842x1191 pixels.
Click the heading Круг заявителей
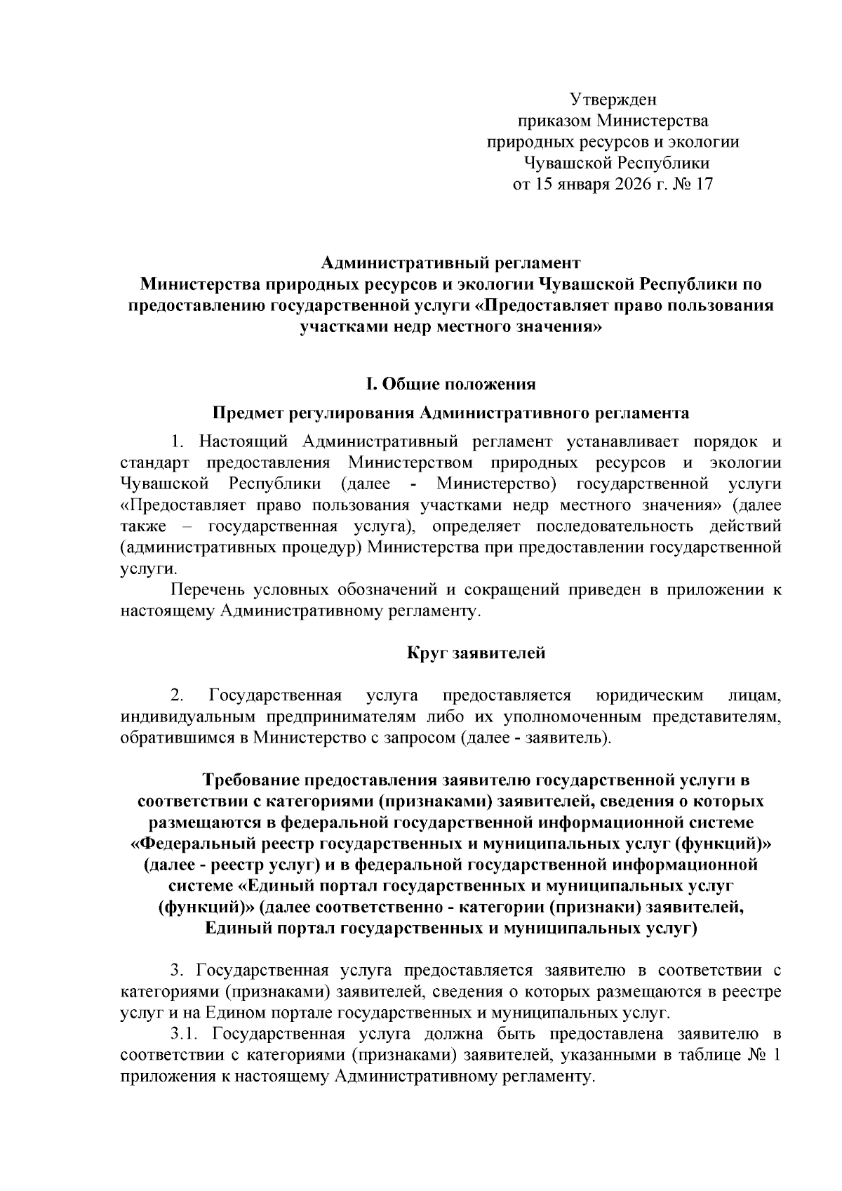click(x=476, y=653)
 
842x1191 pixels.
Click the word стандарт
click(x=154, y=463)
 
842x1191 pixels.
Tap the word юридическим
click(x=649, y=696)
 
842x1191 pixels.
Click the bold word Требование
click(x=249, y=780)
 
